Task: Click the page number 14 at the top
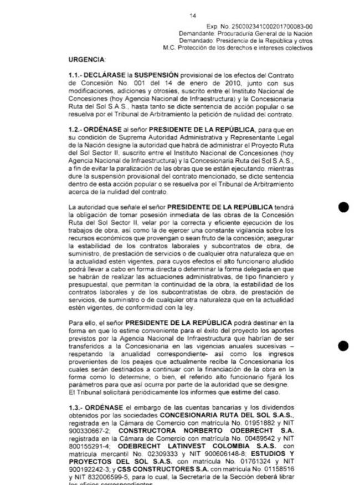point(192,16)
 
